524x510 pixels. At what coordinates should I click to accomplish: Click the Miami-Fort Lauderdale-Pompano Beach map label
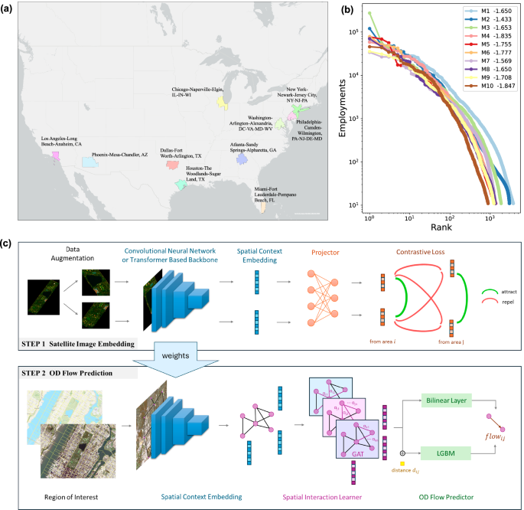(x=278, y=191)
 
